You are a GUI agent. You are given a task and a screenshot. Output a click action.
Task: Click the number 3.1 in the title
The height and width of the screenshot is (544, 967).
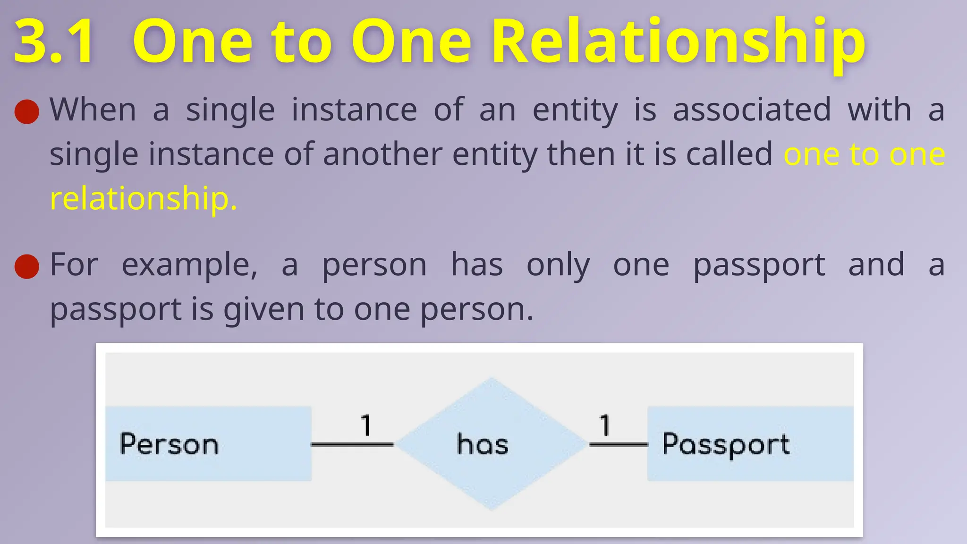point(54,42)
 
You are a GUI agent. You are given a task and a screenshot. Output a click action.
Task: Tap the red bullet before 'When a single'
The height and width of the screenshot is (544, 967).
point(27,111)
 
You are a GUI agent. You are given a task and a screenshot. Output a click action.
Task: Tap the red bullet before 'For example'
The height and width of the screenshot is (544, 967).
point(27,266)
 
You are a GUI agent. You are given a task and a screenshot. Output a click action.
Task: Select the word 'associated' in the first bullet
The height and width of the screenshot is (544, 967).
point(751,110)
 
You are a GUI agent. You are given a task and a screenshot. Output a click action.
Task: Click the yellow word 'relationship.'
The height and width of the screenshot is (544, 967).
point(143,198)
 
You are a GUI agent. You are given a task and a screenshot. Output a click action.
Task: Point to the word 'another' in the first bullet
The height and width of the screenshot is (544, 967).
point(382,154)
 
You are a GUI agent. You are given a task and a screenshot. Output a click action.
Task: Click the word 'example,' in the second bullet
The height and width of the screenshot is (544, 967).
point(189,265)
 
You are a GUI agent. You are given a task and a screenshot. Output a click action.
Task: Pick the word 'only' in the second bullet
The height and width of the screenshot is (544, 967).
point(558,265)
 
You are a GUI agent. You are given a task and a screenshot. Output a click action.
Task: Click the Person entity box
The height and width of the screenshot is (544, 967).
point(208,444)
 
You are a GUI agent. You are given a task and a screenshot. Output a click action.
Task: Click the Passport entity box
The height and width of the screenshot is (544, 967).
point(750,444)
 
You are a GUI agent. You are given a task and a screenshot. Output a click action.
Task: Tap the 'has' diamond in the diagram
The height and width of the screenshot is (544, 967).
point(491,444)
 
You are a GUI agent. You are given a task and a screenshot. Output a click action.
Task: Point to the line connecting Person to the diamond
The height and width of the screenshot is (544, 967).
point(352,444)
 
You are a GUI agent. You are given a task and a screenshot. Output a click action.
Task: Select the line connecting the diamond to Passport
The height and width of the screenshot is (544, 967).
point(619,444)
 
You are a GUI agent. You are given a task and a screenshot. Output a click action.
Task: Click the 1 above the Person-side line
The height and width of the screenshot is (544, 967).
point(366,425)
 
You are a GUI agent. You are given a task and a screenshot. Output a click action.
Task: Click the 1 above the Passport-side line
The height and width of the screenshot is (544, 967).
point(605,425)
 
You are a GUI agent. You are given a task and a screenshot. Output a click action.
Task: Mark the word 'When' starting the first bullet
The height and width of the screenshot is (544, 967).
point(93,110)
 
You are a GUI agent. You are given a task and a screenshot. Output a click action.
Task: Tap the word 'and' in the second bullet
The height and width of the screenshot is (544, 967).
point(876,264)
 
